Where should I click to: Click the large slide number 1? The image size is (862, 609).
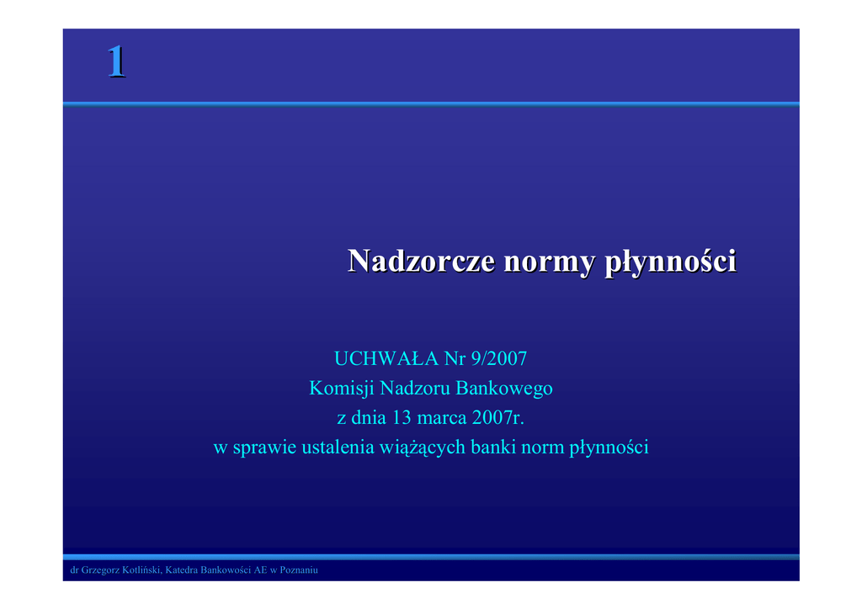116,61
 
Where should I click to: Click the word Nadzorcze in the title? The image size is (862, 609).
422,261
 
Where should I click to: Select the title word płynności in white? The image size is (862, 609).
671,262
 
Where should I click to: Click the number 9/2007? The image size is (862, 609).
499,358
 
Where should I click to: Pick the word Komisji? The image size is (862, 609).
342,389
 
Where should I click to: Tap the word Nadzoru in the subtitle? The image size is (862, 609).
415,389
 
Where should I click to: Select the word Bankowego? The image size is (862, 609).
504,389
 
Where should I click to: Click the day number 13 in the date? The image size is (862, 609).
402,418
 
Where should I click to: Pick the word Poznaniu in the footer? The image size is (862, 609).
299,570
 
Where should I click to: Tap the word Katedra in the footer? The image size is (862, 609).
181,570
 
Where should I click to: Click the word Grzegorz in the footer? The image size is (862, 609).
100,570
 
